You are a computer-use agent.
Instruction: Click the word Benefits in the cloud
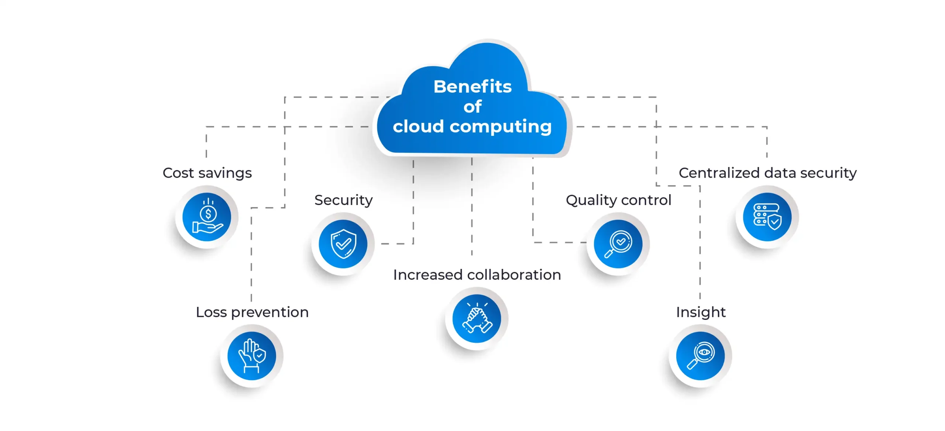click(472, 87)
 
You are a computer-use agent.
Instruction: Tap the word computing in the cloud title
click(501, 127)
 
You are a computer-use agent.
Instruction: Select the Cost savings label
click(207, 173)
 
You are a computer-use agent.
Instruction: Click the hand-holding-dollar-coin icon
click(207, 217)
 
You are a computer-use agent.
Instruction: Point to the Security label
click(343, 200)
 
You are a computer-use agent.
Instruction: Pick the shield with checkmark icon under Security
click(343, 244)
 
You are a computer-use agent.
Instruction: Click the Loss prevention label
click(252, 312)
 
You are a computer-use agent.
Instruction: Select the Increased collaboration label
click(477, 275)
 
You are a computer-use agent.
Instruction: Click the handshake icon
click(477, 319)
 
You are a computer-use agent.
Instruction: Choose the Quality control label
click(618, 200)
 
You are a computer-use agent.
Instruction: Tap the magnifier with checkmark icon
click(618, 244)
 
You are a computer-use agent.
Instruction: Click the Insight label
click(701, 312)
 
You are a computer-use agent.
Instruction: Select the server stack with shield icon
click(767, 217)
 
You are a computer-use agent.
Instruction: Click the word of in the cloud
click(472, 107)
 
